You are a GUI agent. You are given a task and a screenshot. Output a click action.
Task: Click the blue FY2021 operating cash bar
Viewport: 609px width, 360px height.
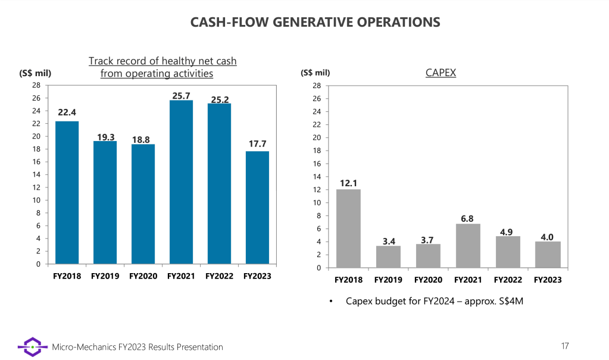click(181, 181)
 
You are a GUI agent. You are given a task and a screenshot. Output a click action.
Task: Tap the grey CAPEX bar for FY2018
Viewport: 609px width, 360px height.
click(348, 228)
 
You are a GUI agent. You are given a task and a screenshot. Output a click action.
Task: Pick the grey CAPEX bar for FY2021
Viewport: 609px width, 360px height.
click(468, 246)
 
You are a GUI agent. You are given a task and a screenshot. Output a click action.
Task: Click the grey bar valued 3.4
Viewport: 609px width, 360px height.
click(388, 256)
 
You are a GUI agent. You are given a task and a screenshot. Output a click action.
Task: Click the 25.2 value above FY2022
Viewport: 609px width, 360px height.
click(220, 99)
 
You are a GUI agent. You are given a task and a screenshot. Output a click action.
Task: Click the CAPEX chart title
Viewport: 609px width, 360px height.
click(441, 73)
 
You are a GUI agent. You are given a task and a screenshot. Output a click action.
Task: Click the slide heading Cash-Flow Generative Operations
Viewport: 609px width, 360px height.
click(316, 23)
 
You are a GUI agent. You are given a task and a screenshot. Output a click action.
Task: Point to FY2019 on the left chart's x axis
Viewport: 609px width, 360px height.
click(105, 276)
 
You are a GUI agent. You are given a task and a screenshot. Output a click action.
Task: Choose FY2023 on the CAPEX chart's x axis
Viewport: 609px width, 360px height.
click(548, 280)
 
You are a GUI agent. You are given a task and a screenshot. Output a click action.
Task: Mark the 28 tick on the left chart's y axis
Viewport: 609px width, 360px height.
click(36, 85)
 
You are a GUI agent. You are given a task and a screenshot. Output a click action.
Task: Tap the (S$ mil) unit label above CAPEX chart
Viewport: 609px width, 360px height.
click(316, 73)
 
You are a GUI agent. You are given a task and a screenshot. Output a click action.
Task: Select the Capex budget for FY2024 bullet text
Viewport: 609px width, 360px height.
click(434, 301)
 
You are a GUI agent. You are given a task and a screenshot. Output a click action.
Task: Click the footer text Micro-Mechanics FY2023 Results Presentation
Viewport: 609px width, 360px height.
click(138, 347)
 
